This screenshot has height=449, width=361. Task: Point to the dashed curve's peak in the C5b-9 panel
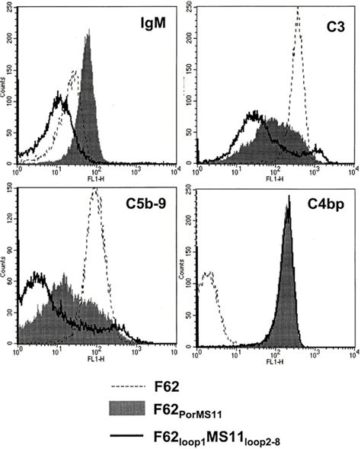tap(96, 191)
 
